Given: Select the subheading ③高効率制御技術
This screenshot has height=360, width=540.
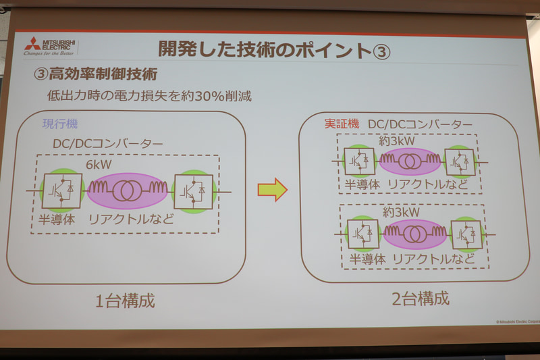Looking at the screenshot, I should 100,74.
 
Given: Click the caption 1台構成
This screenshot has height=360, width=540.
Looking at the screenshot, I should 124,299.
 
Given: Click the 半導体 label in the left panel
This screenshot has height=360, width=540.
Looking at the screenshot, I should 60,219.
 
